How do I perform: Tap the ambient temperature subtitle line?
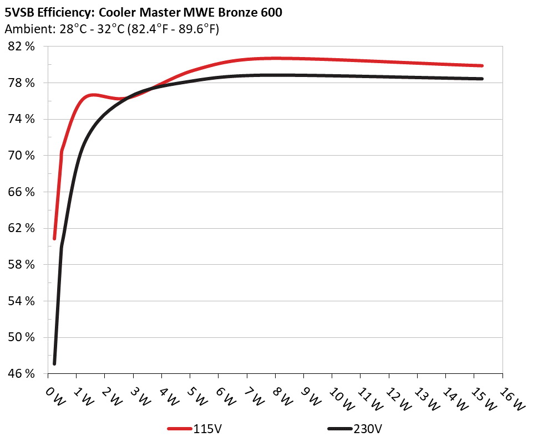[111, 29]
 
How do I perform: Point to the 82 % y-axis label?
[22, 47]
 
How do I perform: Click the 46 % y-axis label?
[22, 374]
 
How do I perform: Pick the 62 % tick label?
[22, 228]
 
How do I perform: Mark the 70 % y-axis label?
[22, 156]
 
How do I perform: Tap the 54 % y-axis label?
[22, 301]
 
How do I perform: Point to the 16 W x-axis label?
[508, 396]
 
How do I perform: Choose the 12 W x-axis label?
[394, 396]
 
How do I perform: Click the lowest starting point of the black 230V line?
[54, 363]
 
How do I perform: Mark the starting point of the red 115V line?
[54, 238]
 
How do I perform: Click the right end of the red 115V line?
[482, 65]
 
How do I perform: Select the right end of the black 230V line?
[482, 79]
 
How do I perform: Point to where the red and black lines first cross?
[129, 97]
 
